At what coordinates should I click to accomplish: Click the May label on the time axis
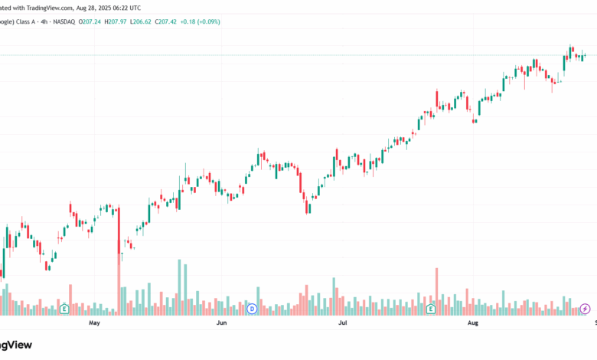[x=95, y=323]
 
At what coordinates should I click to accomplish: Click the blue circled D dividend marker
[x=252, y=309]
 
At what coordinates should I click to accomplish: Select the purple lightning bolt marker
[x=586, y=309]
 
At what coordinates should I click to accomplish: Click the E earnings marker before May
[x=65, y=309]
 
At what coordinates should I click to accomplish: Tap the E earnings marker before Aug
[x=431, y=309]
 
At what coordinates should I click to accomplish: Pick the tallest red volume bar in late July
[x=436, y=291]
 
